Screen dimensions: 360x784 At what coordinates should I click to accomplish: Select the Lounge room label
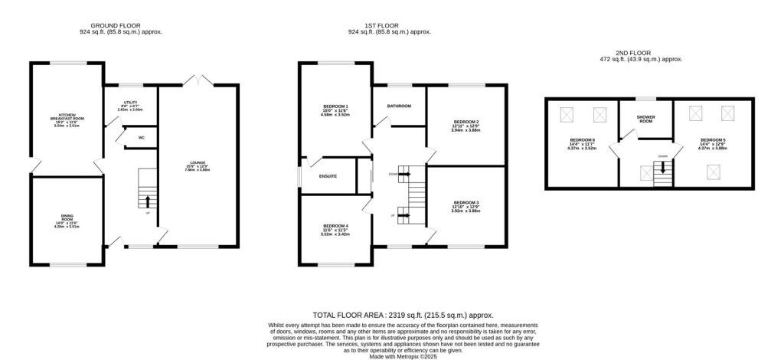[x=198, y=162]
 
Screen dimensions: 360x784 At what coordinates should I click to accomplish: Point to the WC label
[x=142, y=138]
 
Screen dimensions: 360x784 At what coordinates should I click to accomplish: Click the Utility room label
[x=131, y=103]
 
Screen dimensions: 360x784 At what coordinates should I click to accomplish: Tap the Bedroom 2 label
[x=466, y=123]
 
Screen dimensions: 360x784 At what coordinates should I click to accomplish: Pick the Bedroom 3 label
[x=466, y=202]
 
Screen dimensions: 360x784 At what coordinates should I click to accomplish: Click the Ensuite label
[x=328, y=177]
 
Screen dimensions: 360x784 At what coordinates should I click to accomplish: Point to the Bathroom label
[x=399, y=106]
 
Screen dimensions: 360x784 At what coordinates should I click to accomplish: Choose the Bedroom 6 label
[x=581, y=140]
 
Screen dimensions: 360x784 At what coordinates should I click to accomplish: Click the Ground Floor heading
[x=120, y=25]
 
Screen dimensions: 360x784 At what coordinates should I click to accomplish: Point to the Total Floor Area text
[x=403, y=315]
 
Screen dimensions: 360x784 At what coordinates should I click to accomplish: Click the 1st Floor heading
[x=389, y=25]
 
